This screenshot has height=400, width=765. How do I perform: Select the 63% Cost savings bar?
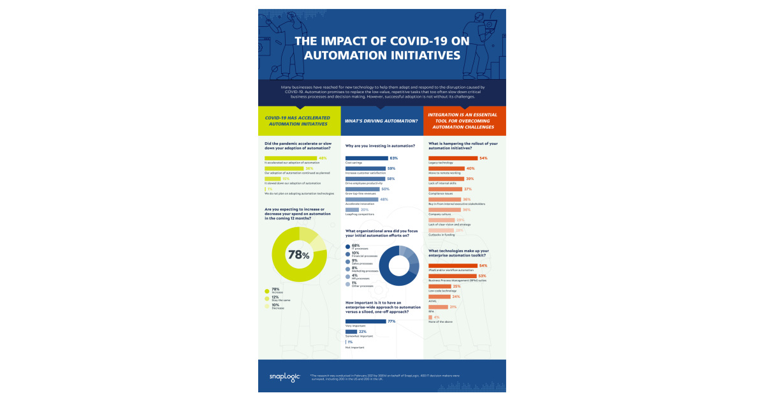click(x=367, y=158)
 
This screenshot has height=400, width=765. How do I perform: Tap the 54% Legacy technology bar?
click(x=453, y=158)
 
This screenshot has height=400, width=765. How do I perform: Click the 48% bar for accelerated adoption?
click(x=290, y=158)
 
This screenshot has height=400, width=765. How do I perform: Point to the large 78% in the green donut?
click(x=299, y=255)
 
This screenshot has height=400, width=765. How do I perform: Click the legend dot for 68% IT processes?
click(x=347, y=246)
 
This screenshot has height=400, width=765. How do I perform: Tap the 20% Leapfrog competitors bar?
click(x=352, y=209)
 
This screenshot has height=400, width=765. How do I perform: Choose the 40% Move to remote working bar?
click(x=446, y=168)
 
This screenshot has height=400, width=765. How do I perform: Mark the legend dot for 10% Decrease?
click(x=267, y=306)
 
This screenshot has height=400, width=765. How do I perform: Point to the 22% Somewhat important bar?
click(x=351, y=332)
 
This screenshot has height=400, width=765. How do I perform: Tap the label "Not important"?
click(x=354, y=347)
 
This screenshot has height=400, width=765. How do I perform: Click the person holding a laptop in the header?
click(x=480, y=29)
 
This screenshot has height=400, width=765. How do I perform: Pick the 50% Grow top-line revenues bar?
click(x=362, y=189)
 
